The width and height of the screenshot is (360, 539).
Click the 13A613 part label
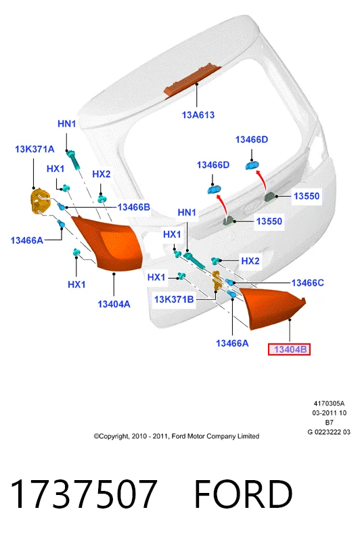pos(198,115)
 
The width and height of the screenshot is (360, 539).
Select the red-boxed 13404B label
pos(289,349)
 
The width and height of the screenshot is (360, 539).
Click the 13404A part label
pos(114,304)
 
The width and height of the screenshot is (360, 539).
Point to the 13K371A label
pos(35,149)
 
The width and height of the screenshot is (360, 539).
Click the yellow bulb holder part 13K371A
pos(39,202)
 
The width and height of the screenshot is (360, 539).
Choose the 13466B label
pos(133,207)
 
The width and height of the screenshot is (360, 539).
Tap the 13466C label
pos(307,283)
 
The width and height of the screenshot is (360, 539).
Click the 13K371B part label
pos(174,299)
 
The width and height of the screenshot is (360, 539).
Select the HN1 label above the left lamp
pos(66,124)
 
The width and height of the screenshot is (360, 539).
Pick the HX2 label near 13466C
pos(250,261)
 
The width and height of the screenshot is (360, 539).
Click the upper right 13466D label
pos(252,139)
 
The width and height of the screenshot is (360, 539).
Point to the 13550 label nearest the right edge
pos(307,196)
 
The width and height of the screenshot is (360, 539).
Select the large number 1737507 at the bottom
pos(84,494)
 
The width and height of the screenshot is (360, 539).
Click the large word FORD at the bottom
pos(243,494)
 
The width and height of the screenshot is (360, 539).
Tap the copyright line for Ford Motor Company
pos(176,436)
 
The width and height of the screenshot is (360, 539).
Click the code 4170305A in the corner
pos(329,404)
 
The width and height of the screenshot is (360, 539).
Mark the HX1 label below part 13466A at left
pos(76,284)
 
